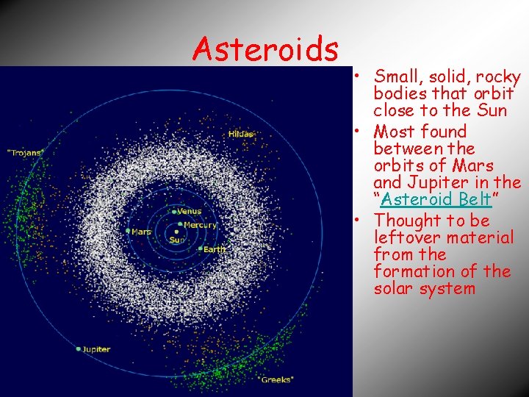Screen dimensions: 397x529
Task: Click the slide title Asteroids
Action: [265, 49]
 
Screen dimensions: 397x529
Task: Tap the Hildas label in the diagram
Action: [241, 134]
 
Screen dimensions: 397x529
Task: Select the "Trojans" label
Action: [26, 152]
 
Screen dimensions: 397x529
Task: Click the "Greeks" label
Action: [276, 379]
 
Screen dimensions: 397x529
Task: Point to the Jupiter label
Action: [96, 349]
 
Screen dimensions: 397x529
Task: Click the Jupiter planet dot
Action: [79, 349]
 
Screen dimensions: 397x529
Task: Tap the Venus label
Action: [189, 212]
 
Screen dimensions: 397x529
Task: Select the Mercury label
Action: [200, 225]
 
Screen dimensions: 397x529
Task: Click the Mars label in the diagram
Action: [141, 232]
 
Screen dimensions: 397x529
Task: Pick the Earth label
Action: [215, 250]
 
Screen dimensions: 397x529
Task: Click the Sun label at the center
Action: [177, 240]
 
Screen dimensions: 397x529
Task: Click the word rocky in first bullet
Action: [499, 76]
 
